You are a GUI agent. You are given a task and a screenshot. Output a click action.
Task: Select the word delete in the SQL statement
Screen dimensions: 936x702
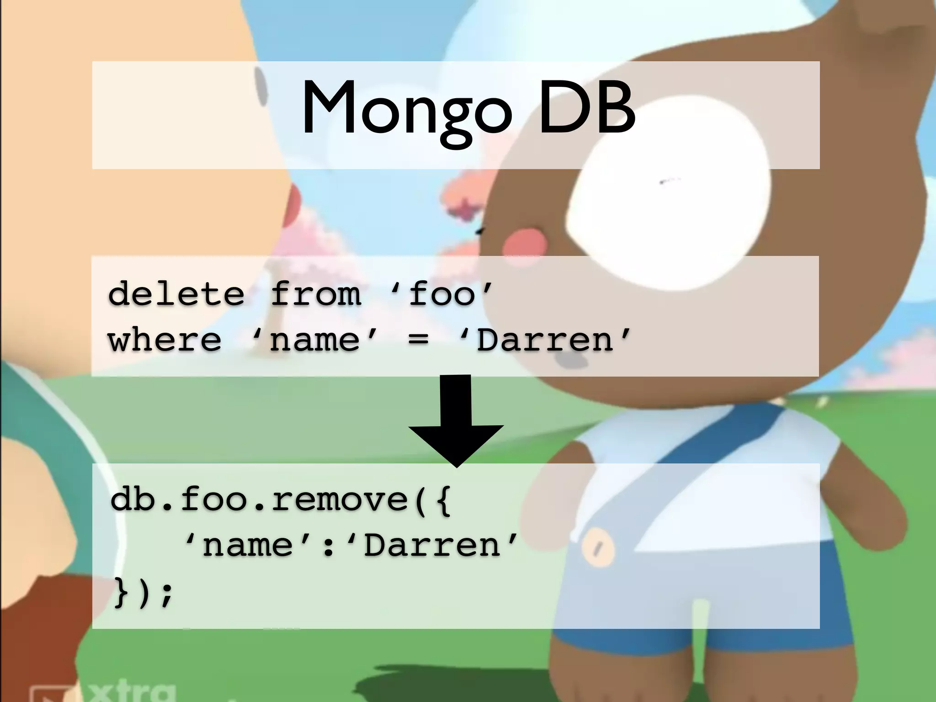point(176,294)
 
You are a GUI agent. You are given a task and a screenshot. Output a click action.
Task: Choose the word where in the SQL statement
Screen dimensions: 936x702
point(165,340)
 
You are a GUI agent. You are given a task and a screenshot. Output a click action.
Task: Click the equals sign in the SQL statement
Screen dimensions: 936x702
point(419,340)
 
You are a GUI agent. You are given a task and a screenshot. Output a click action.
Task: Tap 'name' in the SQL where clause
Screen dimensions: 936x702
point(315,340)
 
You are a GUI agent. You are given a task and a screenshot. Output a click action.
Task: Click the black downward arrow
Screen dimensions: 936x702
point(456,420)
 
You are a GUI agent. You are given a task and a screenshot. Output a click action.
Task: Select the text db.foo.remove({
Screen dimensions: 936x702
point(281,499)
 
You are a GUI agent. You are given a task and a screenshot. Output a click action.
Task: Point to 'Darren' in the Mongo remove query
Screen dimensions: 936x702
point(433,546)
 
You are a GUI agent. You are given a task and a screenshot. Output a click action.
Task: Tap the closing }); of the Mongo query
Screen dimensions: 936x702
point(143,593)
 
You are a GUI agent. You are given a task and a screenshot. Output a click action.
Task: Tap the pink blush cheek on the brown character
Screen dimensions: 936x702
point(525,242)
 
